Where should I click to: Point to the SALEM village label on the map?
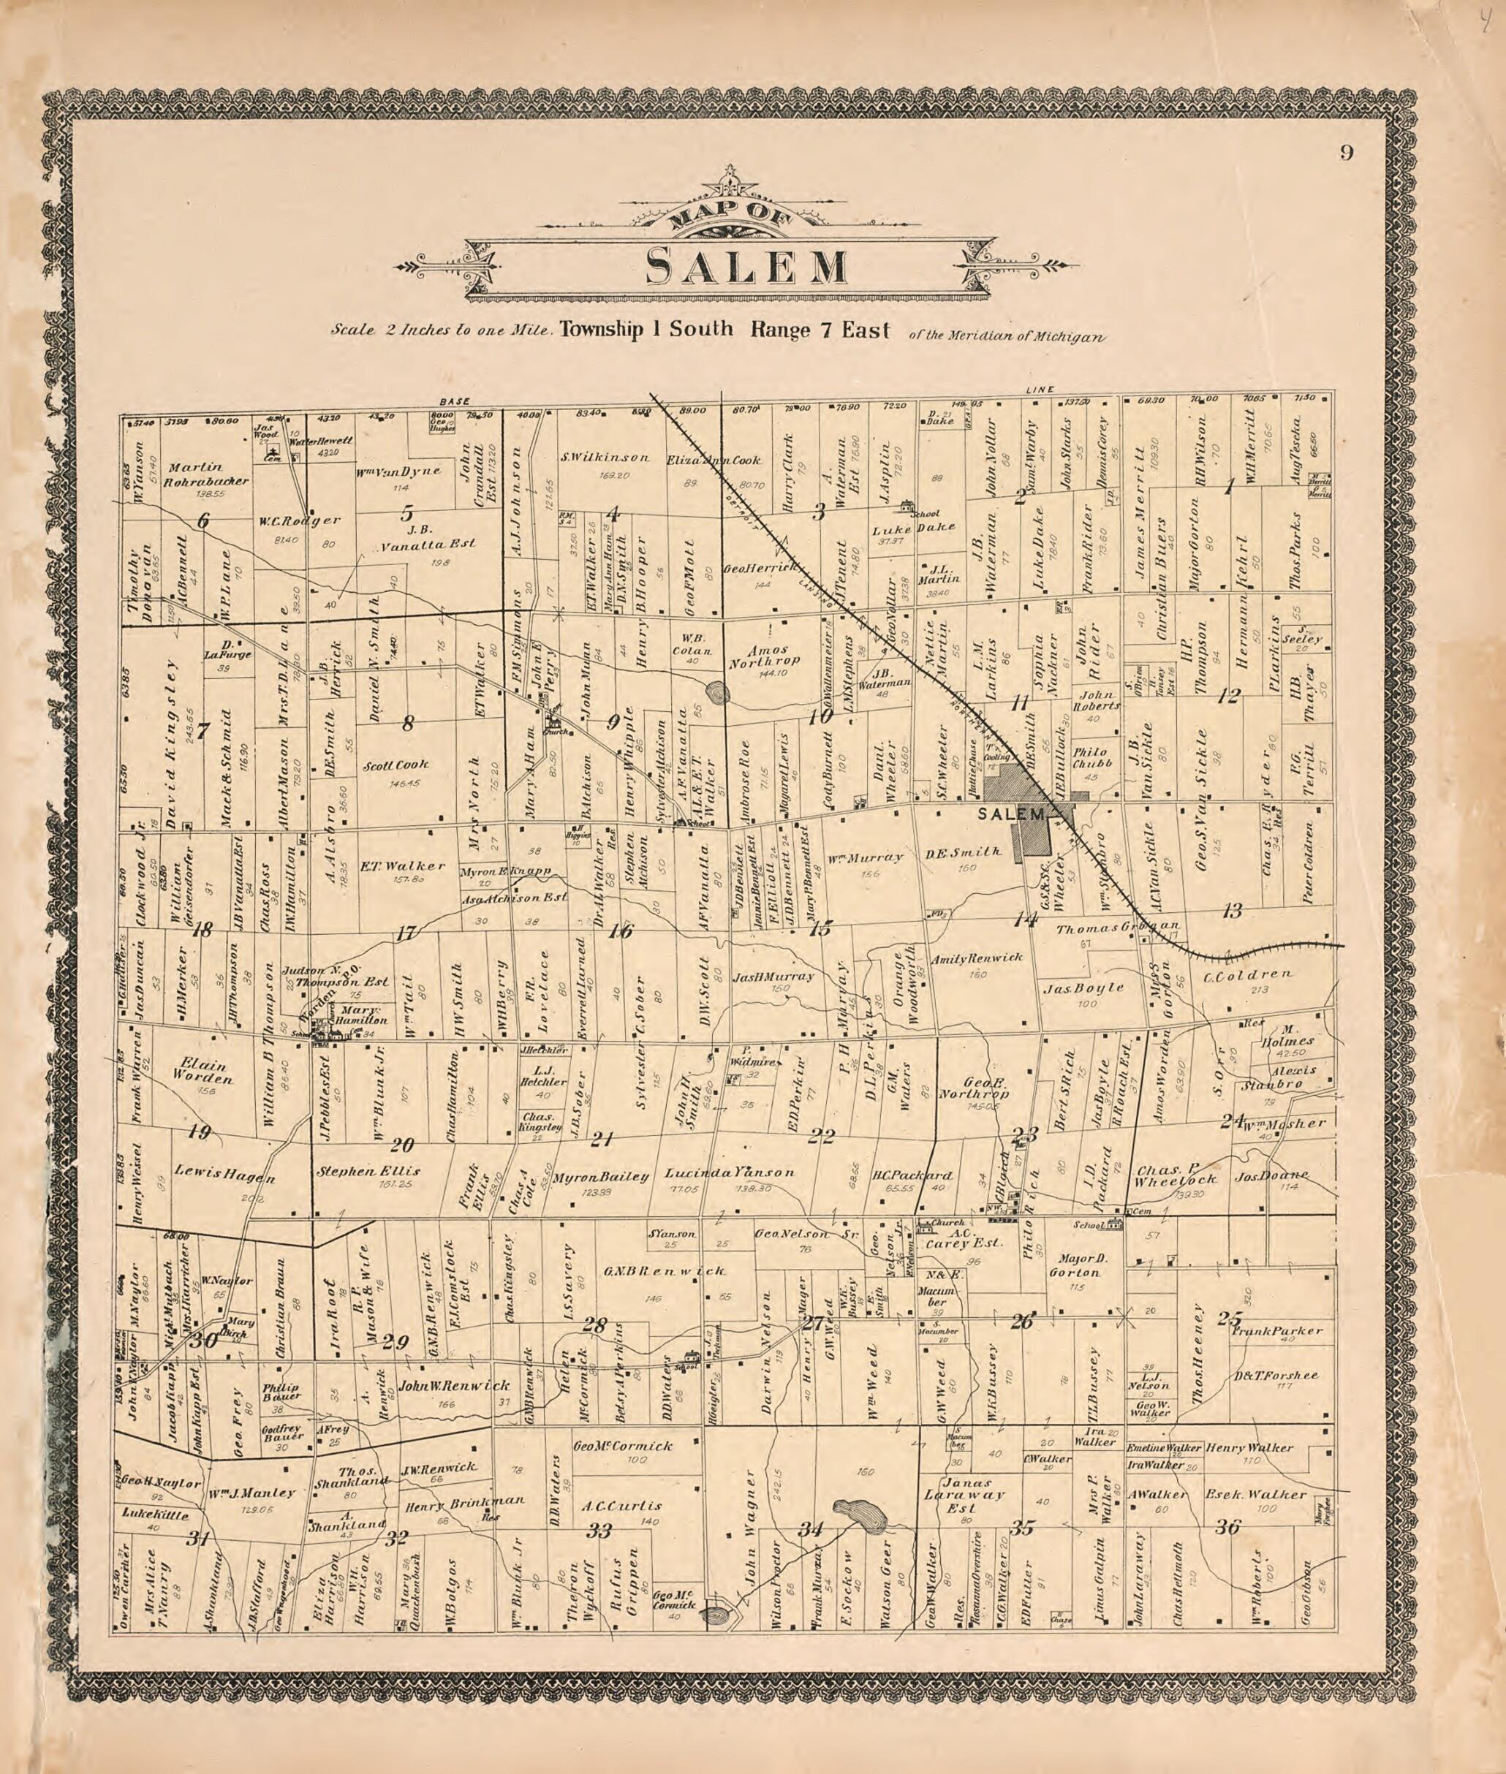1012,814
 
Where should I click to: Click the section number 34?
809,1530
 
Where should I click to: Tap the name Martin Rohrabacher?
208,474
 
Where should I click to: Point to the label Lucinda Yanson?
729,1172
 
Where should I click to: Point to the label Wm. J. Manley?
252,1493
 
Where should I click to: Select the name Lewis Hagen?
224,1174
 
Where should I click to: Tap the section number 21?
602,1138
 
